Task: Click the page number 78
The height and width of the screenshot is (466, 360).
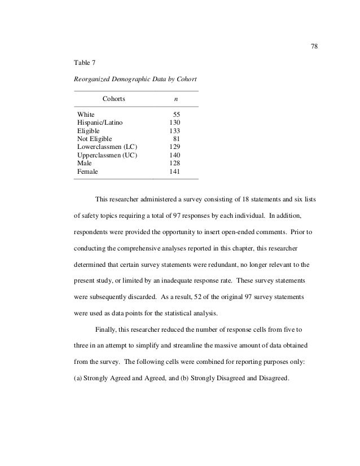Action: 315,46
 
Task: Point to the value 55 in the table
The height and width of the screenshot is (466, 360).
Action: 177,114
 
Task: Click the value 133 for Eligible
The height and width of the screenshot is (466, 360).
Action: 175,130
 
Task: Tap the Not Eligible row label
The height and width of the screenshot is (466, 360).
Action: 94,139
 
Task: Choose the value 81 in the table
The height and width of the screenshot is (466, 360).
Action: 177,139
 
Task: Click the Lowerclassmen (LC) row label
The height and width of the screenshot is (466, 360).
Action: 108,147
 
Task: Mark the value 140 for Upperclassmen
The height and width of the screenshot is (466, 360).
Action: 175,155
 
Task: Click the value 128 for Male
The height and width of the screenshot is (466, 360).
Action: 175,163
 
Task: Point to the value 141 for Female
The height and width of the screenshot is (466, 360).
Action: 175,172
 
